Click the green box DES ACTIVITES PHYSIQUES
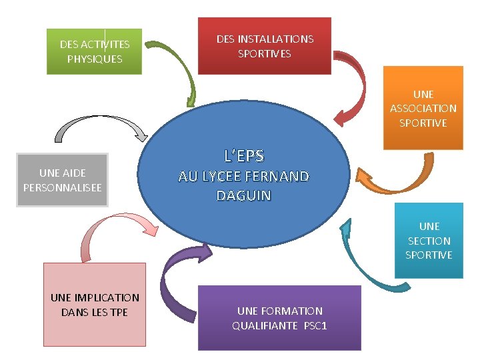(95, 51)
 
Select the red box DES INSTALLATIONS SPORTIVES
(265, 46)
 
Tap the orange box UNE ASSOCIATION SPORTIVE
(423, 108)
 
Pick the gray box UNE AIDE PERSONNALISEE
(62, 180)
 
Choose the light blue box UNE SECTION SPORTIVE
(429, 241)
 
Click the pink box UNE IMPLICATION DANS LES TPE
(95, 305)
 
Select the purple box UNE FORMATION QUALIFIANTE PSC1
(279, 318)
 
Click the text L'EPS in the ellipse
(244, 156)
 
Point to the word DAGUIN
(244, 196)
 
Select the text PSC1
(315, 325)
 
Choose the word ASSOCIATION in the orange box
(423, 108)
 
